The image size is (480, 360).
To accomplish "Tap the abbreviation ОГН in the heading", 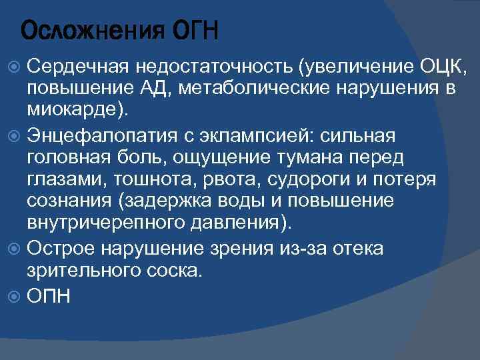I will (x=195, y=31).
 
